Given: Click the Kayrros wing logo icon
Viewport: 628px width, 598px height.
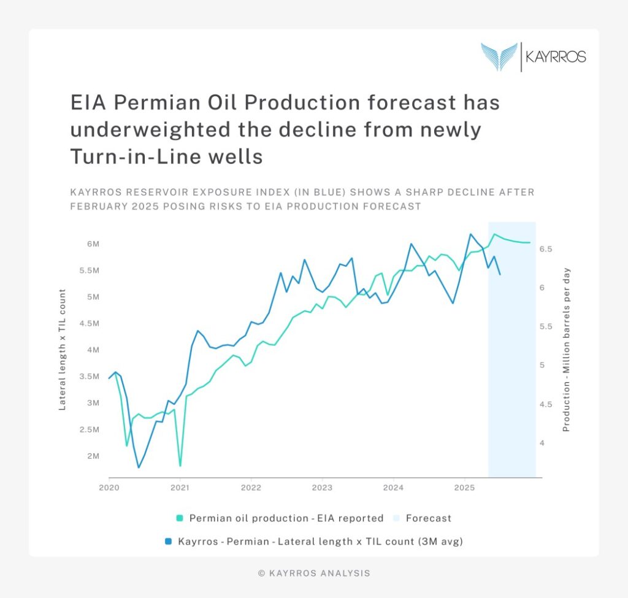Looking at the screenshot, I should (499, 56).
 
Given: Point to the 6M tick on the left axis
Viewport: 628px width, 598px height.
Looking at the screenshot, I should (93, 244).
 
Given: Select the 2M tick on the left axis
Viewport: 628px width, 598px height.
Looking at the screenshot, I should (93, 456).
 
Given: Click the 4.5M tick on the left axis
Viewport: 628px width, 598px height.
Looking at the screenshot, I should (91, 324).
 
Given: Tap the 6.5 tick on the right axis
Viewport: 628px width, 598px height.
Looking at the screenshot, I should (546, 249).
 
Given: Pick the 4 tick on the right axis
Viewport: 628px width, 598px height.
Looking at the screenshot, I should (542, 443).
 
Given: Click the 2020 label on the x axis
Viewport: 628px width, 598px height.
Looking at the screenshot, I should (109, 488).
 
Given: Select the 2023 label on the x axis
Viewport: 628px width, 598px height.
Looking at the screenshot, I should (322, 488).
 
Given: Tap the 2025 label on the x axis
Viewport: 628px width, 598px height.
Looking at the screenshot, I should (464, 488).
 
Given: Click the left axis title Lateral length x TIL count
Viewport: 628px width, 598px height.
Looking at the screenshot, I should (63, 350).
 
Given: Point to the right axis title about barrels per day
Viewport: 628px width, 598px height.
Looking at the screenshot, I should (567, 350).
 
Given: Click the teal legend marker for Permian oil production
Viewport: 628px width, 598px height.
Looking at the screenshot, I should (180, 518).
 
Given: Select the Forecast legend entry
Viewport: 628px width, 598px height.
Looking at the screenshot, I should (428, 518).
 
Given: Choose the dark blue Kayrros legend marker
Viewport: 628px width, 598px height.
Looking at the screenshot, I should (168, 542).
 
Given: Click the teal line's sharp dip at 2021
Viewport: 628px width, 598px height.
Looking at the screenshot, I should (180, 466).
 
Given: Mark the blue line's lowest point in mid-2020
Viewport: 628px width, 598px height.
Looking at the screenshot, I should (139, 467).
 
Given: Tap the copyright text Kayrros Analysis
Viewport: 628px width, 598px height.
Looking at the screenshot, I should (314, 573).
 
